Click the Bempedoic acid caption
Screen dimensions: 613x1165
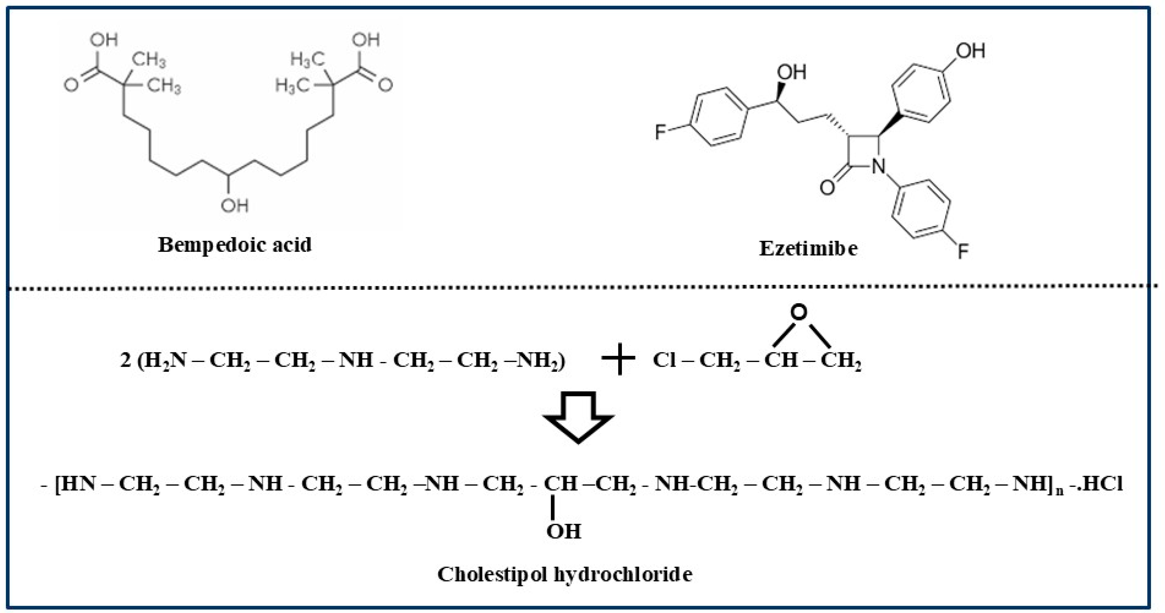pos(235,245)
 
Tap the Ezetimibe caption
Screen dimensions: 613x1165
pos(808,248)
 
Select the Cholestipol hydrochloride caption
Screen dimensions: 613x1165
pos(564,575)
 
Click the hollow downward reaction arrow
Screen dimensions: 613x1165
pos(578,416)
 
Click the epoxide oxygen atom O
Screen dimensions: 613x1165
pos(799,312)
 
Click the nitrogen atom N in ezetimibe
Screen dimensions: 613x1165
pos(878,166)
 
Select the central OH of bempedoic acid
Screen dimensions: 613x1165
pos(235,206)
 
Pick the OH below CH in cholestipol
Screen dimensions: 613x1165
pos(564,531)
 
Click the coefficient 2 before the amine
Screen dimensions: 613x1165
pos(125,361)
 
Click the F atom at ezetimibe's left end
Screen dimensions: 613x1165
pos(661,132)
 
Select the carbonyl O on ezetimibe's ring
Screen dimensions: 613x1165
pos(827,187)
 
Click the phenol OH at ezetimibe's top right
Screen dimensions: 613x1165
pos(970,51)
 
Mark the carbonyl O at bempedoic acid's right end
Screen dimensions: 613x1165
pos(385,85)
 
